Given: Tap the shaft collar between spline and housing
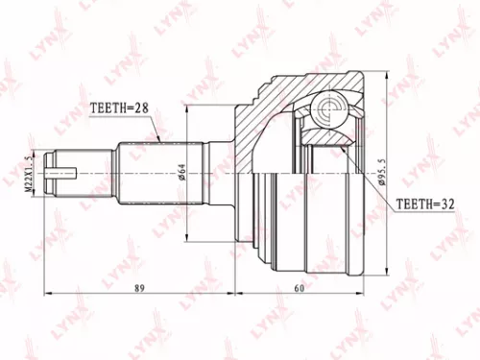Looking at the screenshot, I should click(x=223, y=174).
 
